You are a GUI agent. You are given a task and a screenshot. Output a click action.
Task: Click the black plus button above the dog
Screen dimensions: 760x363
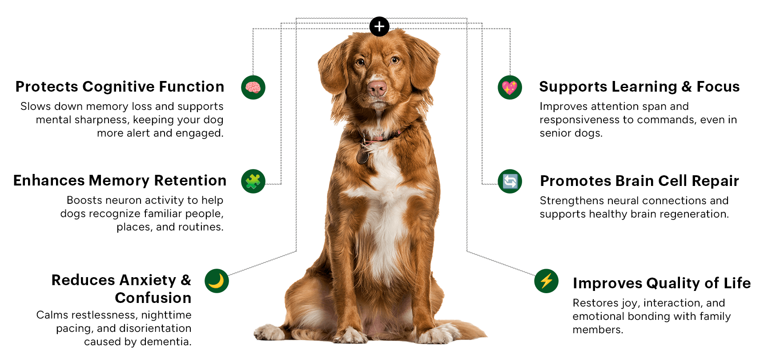point(379,26)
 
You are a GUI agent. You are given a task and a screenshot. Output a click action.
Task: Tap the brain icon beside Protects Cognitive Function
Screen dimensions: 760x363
point(253,88)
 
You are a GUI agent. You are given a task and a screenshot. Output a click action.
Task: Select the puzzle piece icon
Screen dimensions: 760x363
point(253,181)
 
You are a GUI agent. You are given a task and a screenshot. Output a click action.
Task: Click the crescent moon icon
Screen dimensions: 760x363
point(217,281)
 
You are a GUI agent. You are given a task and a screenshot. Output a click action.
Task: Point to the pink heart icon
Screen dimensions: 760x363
point(510,88)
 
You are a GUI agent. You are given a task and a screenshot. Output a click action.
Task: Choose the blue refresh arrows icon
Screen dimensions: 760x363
point(510,181)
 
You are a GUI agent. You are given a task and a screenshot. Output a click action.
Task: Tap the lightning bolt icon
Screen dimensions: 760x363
point(546,281)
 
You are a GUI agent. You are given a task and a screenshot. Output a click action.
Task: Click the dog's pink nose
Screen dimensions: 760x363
point(377,88)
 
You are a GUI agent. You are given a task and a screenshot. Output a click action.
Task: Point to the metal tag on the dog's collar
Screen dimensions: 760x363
point(362,156)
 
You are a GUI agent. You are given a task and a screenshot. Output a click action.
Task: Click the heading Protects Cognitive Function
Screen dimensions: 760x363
point(120,87)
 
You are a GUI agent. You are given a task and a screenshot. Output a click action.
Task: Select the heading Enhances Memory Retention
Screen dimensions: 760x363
point(120,181)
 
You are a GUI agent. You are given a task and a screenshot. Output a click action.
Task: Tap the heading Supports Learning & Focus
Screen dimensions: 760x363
point(639,87)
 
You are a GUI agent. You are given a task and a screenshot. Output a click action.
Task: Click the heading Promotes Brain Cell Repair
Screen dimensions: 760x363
point(639,181)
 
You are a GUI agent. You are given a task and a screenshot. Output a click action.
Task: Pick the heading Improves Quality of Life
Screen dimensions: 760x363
point(662,283)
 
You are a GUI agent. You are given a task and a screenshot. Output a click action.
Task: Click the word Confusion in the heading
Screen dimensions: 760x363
point(153,298)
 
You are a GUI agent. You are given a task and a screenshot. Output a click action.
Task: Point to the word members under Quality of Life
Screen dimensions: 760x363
point(598,330)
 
